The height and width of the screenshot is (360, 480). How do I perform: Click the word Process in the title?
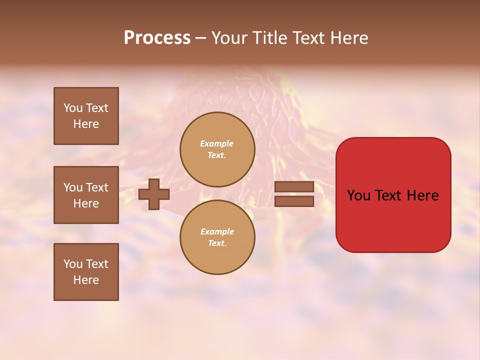[157, 38]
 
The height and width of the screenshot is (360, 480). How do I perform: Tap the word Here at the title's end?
[348, 38]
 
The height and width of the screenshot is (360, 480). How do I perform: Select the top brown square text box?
[86, 116]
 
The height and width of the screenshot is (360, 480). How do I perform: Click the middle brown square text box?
[86, 195]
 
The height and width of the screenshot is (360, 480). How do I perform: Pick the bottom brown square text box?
[86, 272]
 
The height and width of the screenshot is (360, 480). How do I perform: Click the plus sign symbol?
[153, 194]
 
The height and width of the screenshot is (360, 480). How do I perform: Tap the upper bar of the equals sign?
[294, 186]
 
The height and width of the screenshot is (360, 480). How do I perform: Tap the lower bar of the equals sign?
[294, 201]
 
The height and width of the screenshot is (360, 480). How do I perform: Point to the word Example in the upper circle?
[216, 143]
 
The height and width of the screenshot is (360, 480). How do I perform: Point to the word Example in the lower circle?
[217, 231]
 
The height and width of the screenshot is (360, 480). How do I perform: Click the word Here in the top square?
[86, 124]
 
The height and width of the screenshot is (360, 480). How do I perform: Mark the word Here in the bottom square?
[86, 280]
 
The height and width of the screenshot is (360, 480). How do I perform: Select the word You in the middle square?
[73, 187]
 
